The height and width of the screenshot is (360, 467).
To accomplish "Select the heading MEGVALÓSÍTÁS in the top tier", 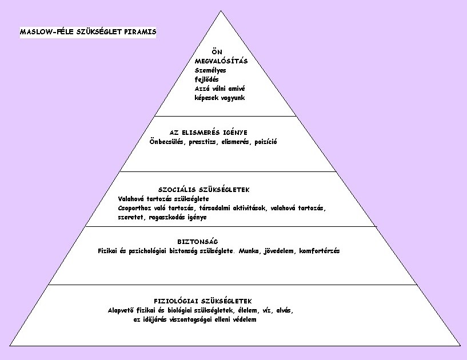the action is click(x=221, y=61).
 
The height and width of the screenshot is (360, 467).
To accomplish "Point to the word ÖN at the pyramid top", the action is click(x=217, y=52).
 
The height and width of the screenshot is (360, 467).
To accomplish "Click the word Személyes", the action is click(x=210, y=70).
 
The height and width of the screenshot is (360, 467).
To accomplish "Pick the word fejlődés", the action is click(x=207, y=79).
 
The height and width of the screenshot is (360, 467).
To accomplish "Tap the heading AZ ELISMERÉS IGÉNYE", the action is click(x=209, y=133).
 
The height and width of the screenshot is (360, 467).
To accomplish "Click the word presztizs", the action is click(x=202, y=142).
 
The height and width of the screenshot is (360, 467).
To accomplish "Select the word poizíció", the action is click(x=266, y=142).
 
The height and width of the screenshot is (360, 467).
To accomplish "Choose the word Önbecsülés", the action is click(x=166, y=142).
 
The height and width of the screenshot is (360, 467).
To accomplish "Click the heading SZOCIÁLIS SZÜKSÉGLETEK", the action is click(x=204, y=190).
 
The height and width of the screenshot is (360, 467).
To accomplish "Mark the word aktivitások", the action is click(x=249, y=208).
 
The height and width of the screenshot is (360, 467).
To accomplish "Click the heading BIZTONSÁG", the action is click(x=198, y=242).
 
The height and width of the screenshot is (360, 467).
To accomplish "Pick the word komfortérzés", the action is click(x=320, y=251).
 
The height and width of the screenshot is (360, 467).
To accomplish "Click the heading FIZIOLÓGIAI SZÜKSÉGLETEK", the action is click(x=203, y=301).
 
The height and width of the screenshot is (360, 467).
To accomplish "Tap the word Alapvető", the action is click(x=121, y=310).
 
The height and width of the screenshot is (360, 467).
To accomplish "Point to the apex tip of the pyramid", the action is click(x=221, y=11).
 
